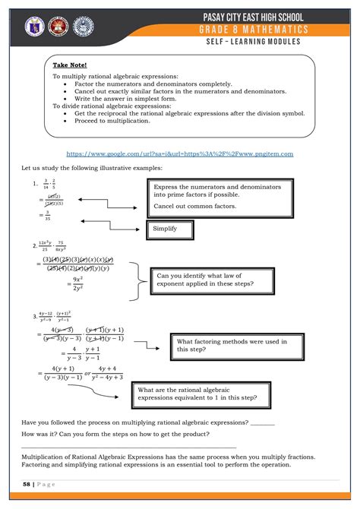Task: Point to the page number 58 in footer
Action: coord(27,484)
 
